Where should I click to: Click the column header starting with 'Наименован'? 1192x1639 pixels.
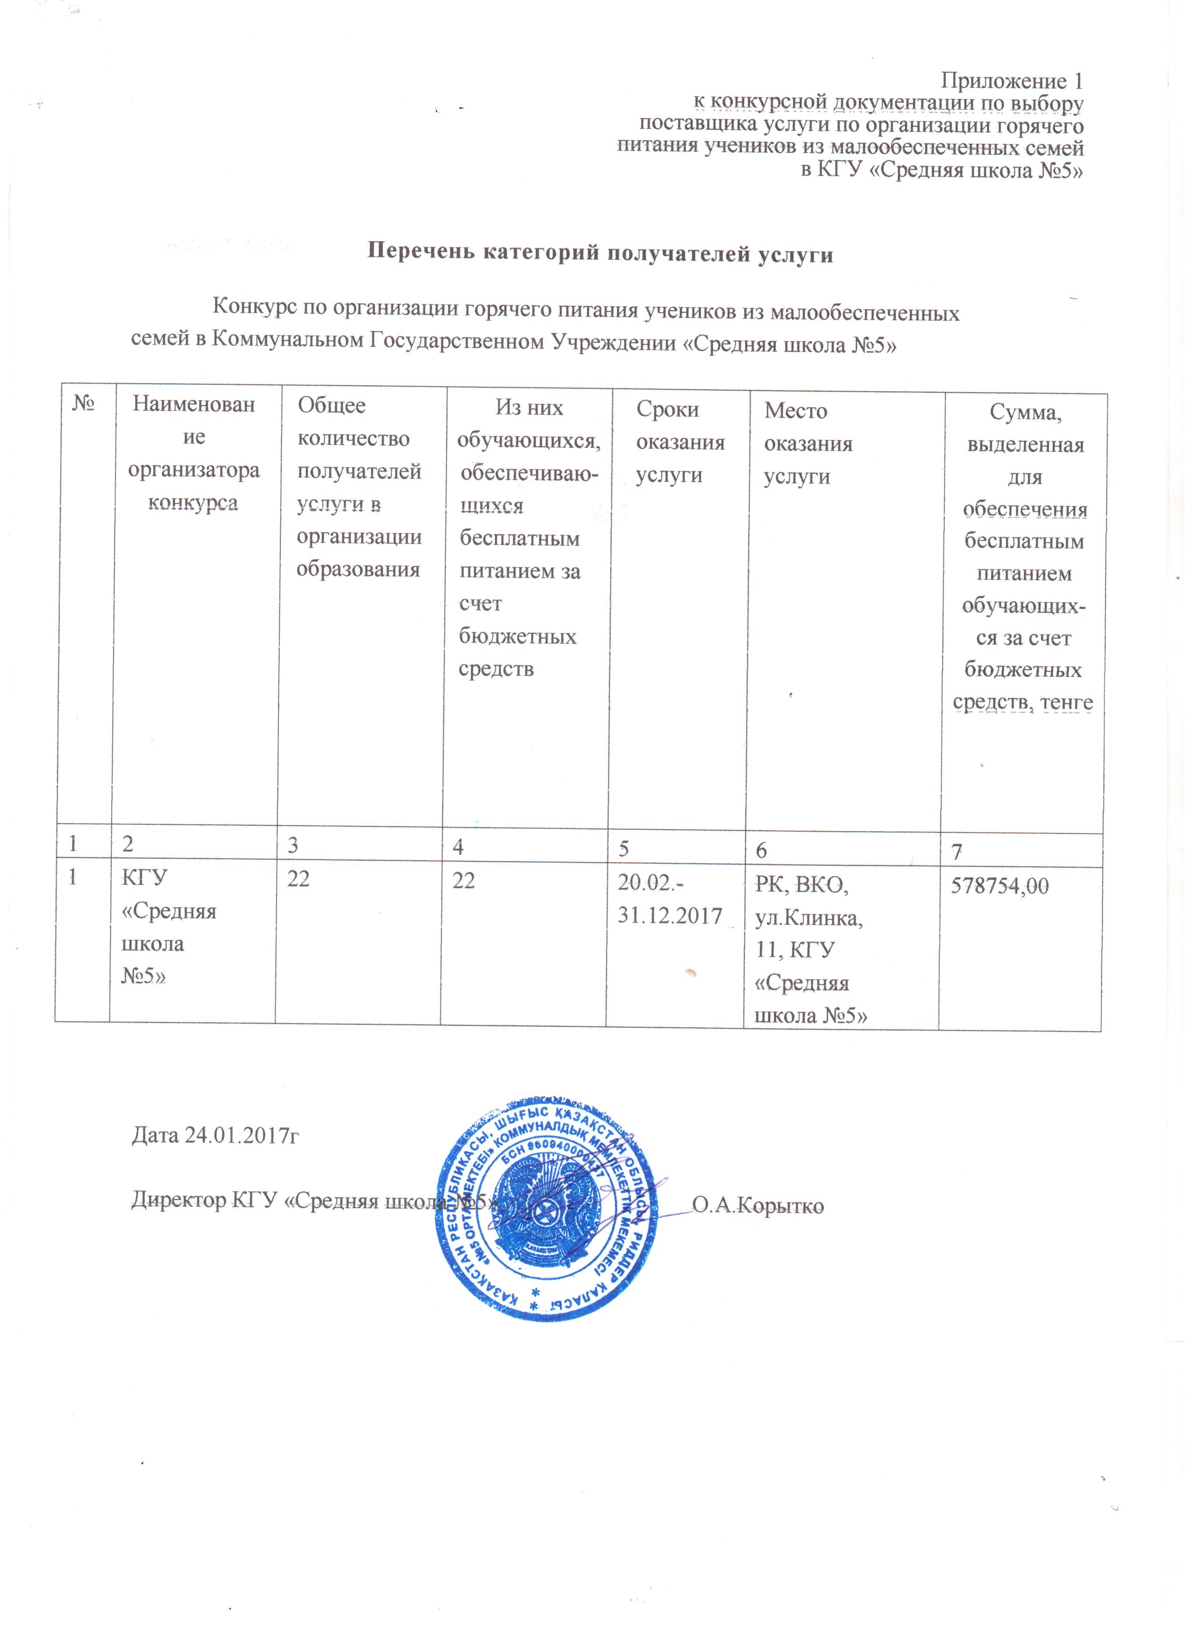point(194,452)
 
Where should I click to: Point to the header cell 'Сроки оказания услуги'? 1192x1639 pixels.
point(680,442)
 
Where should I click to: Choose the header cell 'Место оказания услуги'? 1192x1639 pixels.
point(808,443)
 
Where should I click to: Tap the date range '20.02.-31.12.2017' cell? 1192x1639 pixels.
point(669,899)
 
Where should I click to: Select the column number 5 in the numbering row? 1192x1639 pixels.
point(623,848)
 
